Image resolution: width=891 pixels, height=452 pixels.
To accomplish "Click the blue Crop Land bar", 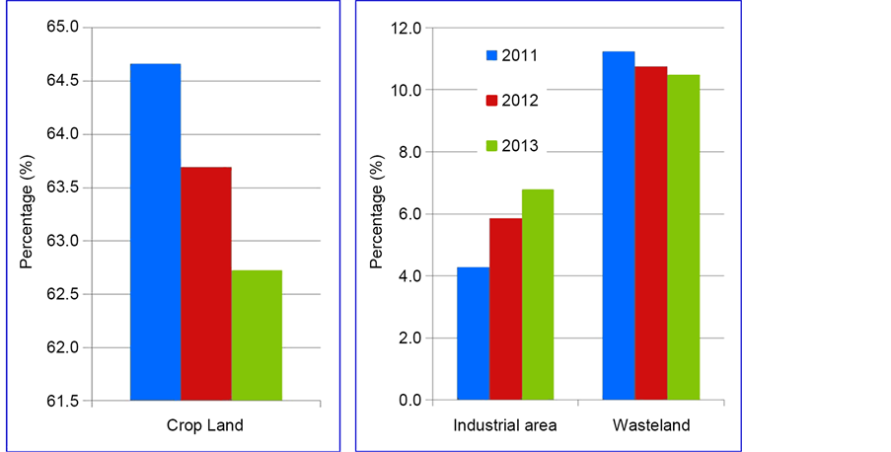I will tap(156, 232).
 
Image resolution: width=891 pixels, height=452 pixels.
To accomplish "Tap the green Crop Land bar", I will tap(257, 336).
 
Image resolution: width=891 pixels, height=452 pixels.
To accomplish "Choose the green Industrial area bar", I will tap(538, 294).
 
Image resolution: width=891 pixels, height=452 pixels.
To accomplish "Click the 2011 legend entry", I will tap(512, 55).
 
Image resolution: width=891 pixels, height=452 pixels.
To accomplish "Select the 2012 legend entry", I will tap(512, 100).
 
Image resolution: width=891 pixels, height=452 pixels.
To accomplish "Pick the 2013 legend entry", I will tap(512, 145).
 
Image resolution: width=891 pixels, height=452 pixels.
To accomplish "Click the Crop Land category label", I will tap(206, 425).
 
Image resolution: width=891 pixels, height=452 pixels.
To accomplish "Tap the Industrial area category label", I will tap(505, 425).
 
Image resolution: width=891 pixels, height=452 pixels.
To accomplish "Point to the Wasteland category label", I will tap(650, 425).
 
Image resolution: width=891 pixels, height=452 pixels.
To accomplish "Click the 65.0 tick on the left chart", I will tap(61, 28).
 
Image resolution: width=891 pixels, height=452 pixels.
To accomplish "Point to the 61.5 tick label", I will tap(61, 401).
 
